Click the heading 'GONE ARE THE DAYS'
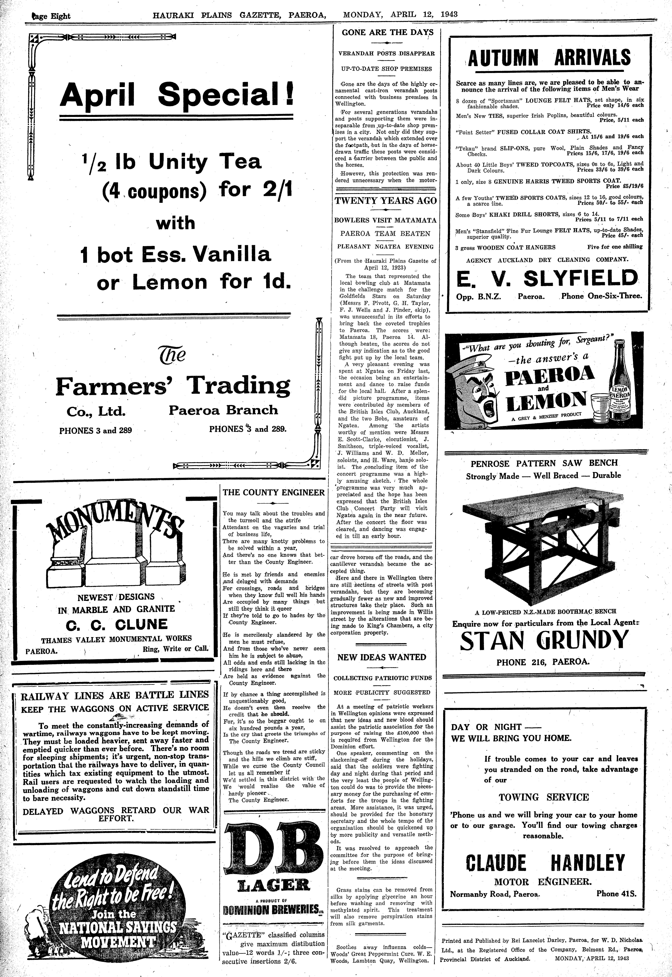(x=387, y=32)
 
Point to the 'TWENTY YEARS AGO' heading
(x=385, y=201)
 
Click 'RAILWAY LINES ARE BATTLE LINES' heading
(x=115, y=694)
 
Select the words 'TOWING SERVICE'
(x=544, y=797)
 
